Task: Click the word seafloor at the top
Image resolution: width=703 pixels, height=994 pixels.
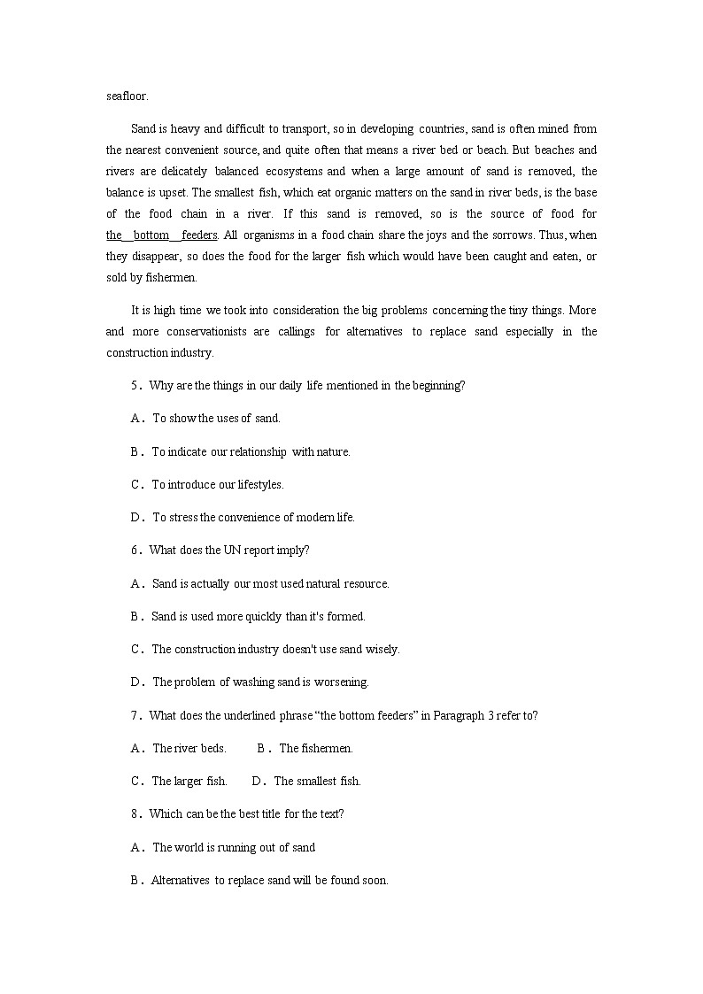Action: pyautogui.click(x=127, y=95)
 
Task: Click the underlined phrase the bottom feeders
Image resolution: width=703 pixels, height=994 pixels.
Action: pyautogui.click(x=162, y=235)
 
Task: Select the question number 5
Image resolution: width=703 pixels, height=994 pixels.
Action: pyautogui.click(x=136, y=385)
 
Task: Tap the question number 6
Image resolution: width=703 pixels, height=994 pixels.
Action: pyautogui.click(x=136, y=550)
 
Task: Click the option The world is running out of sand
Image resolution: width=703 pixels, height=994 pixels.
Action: pyautogui.click(x=234, y=847)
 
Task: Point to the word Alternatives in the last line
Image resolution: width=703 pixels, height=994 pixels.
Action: pyautogui.click(x=181, y=880)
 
